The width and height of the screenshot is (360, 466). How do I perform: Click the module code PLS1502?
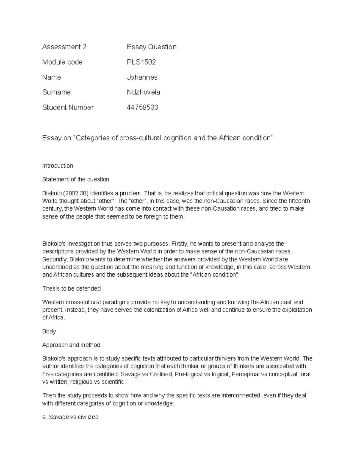click(141, 62)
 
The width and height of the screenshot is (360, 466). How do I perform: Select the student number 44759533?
click(142, 107)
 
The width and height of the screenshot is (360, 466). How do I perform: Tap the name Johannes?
click(142, 77)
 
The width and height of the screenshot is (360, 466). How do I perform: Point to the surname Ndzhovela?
click(143, 92)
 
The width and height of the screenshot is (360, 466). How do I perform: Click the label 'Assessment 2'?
click(64, 47)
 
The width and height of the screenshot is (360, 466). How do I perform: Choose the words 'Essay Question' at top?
click(151, 47)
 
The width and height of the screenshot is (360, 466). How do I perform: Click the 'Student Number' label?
click(68, 107)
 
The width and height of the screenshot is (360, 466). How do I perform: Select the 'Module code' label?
click(62, 62)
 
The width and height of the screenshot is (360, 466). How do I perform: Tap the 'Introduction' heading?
click(58, 166)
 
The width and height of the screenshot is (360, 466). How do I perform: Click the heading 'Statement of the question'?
click(76, 179)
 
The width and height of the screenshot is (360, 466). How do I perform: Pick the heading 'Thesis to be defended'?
click(71, 289)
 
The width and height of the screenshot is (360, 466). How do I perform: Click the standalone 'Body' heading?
click(49, 332)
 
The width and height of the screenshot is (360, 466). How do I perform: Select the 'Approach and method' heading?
click(71, 345)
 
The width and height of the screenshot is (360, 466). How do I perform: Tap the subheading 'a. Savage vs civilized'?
click(70, 417)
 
